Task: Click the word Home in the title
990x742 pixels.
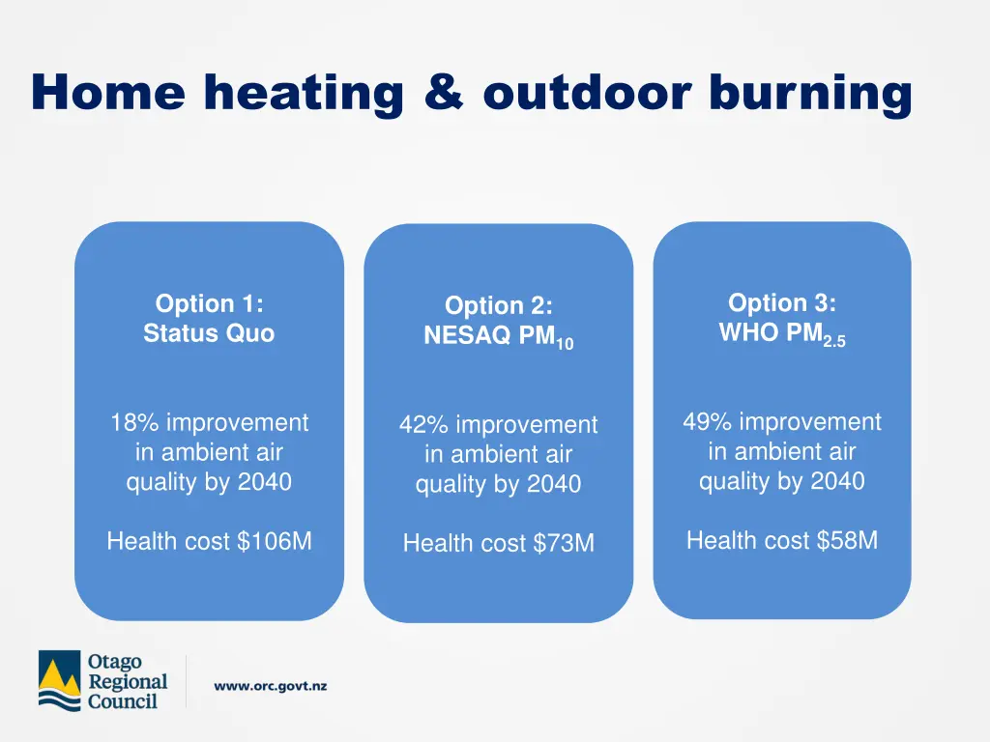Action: coord(107,94)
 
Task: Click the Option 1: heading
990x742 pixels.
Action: coord(209,303)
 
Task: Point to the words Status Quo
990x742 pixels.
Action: coord(209,333)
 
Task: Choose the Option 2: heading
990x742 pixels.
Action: coord(498,306)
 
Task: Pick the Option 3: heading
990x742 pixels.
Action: coord(781,302)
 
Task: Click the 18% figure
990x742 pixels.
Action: coord(133,423)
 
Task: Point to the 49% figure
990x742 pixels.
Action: coord(707,422)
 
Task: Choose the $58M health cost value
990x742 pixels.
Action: coord(847,540)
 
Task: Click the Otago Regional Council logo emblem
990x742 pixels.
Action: coord(60,681)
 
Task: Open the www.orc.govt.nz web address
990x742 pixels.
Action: coord(270,686)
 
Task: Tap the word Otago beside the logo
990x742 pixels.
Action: coord(114,663)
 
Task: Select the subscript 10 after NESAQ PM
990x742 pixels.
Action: coord(565,343)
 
